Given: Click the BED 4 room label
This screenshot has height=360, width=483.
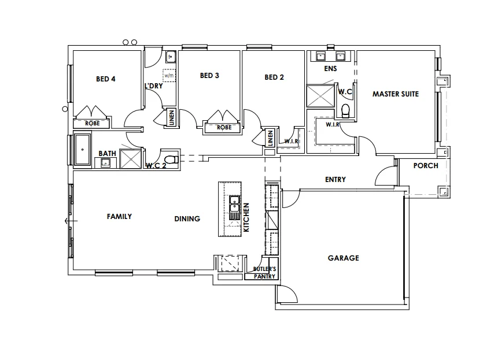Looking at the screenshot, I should point(106,79).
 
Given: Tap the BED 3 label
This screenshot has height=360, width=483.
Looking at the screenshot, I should point(209,76).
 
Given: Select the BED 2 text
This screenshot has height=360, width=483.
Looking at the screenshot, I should point(274,77).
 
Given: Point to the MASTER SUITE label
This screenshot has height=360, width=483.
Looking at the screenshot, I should point(395,94).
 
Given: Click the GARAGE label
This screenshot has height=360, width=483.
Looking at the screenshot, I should point(343,258).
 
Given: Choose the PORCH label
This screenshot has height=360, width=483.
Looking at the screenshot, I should point(426,166).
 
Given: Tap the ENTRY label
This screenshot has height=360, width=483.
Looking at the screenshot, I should point(335,180).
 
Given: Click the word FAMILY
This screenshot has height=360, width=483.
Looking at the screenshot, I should point(119,217).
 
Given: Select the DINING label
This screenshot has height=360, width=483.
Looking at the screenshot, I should point(187,219).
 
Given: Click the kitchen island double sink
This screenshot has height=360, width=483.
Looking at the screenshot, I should point(234,205).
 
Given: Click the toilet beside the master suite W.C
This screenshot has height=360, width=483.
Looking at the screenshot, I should point(346,110).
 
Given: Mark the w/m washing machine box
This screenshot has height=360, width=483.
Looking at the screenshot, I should point(169,75).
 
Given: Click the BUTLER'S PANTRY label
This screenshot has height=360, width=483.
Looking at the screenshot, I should point(265,273).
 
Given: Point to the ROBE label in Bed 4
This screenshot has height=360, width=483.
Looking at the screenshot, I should point(93,123).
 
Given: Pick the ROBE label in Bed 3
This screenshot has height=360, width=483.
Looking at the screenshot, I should point(224,127).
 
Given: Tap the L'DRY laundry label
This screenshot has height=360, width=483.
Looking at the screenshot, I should point(153,86).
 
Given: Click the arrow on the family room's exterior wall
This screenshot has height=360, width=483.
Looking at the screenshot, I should point(68,221).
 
